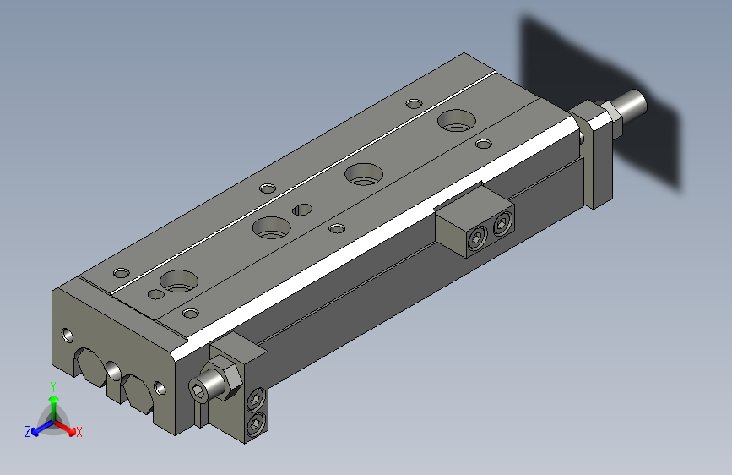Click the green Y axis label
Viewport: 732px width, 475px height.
point(53,387)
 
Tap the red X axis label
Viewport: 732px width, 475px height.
point(79,432)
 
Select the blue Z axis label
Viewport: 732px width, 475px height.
point(28,432)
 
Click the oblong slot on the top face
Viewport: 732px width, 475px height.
point(302,210)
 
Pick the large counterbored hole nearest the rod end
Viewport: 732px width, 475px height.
point(457,121)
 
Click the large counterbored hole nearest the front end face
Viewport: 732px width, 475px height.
point(179,281)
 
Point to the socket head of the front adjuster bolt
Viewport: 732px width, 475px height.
point(198,390)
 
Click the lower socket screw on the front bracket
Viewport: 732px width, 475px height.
point(256,423)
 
